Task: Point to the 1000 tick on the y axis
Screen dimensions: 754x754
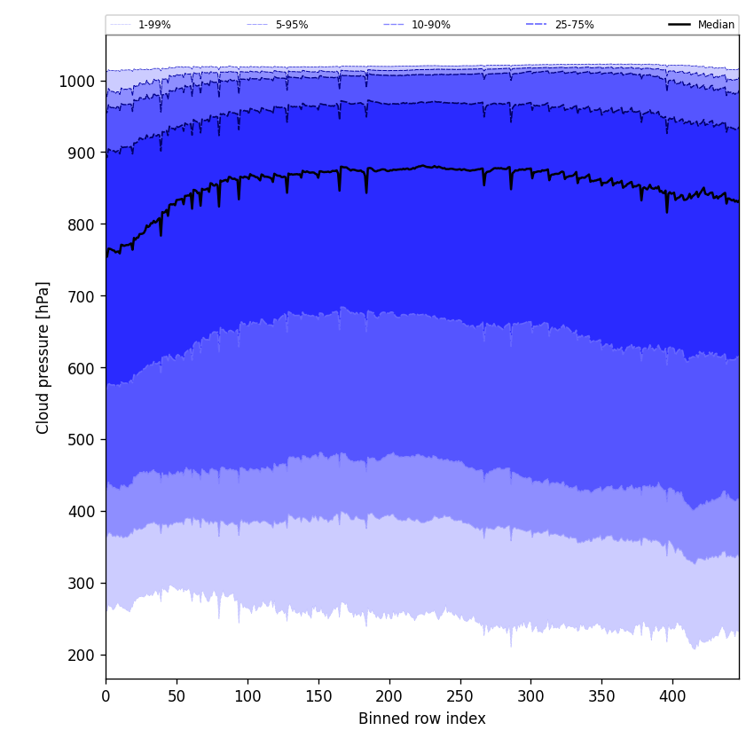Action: pyautogui.click(x=78, y=82)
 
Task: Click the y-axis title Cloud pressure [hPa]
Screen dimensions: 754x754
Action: pyautogui.click(x=43, y=357)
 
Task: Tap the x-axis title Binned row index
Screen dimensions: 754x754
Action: pyautogui.click(x=422, y=719)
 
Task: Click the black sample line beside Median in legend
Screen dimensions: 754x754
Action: pyautogui.click(x=679, y=25)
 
